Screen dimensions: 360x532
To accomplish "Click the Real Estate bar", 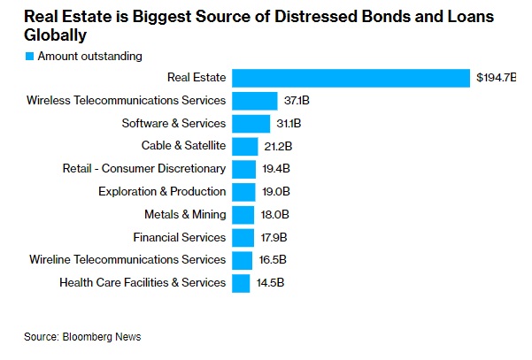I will tap(350, 79).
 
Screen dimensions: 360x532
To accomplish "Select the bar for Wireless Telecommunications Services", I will tap(254, 101).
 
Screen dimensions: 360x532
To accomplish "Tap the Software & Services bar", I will tap(251, 124).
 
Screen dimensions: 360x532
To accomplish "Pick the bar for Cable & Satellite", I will tap(244, 146).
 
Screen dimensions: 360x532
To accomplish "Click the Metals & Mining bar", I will tap(242, 214).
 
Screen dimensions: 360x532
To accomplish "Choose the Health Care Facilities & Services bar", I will tap(240, 283).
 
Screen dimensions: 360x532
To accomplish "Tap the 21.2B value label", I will tap(275, 146).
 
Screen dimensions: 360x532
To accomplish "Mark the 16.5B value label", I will tap(271, 260).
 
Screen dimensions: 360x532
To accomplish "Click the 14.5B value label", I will tap(269, 283).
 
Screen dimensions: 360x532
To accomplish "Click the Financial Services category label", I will tap(180, 237).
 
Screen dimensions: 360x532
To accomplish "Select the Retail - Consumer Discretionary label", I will tap(144, 169).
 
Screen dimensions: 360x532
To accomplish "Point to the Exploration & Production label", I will tap(162, 192).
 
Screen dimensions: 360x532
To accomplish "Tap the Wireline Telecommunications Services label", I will tap(127, 260).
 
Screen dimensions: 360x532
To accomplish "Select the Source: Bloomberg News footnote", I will tap(82, 337).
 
